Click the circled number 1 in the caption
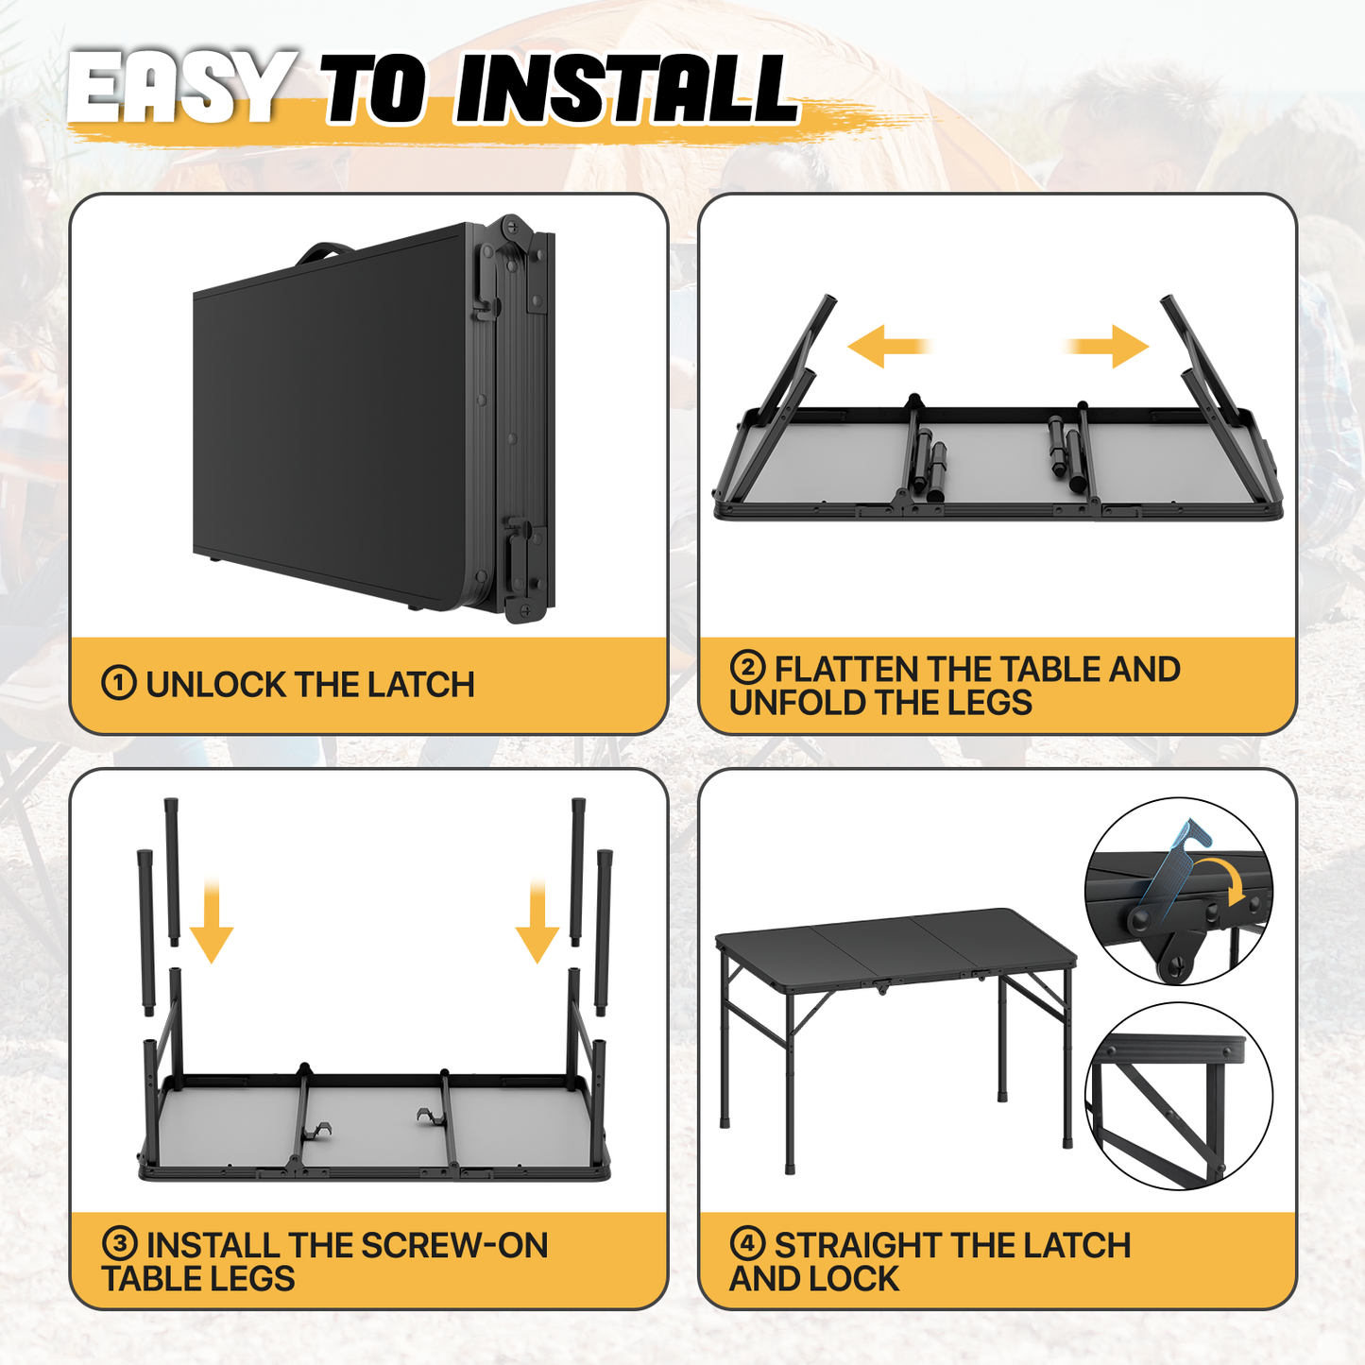coord(118,684)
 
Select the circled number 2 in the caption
coord(748,667)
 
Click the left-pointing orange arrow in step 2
coord(889,347)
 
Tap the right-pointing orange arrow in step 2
coord(1106,347)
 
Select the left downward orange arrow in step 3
coord(212,921)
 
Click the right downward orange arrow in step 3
coord(537,921)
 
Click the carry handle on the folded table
coord(324,250)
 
